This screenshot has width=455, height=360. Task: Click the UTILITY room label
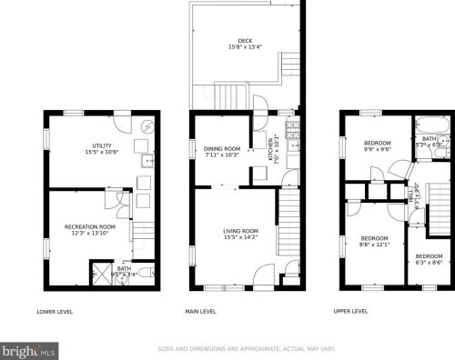click(101, 145)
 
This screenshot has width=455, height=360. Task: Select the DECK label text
click(245, 40)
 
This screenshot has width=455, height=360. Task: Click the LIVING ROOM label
click(240, 231)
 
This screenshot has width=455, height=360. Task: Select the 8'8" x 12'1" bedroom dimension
click(374, 245)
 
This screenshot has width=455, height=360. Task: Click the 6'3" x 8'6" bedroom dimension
click(430, 262)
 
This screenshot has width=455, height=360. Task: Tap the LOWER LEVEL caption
click(54, 312)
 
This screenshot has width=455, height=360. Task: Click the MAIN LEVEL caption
click(200, 312)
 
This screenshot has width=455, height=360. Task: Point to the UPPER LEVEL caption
click(351, 312)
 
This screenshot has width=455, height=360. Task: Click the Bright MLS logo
click(29, 349)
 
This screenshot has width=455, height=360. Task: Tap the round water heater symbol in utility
click(147, 125)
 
